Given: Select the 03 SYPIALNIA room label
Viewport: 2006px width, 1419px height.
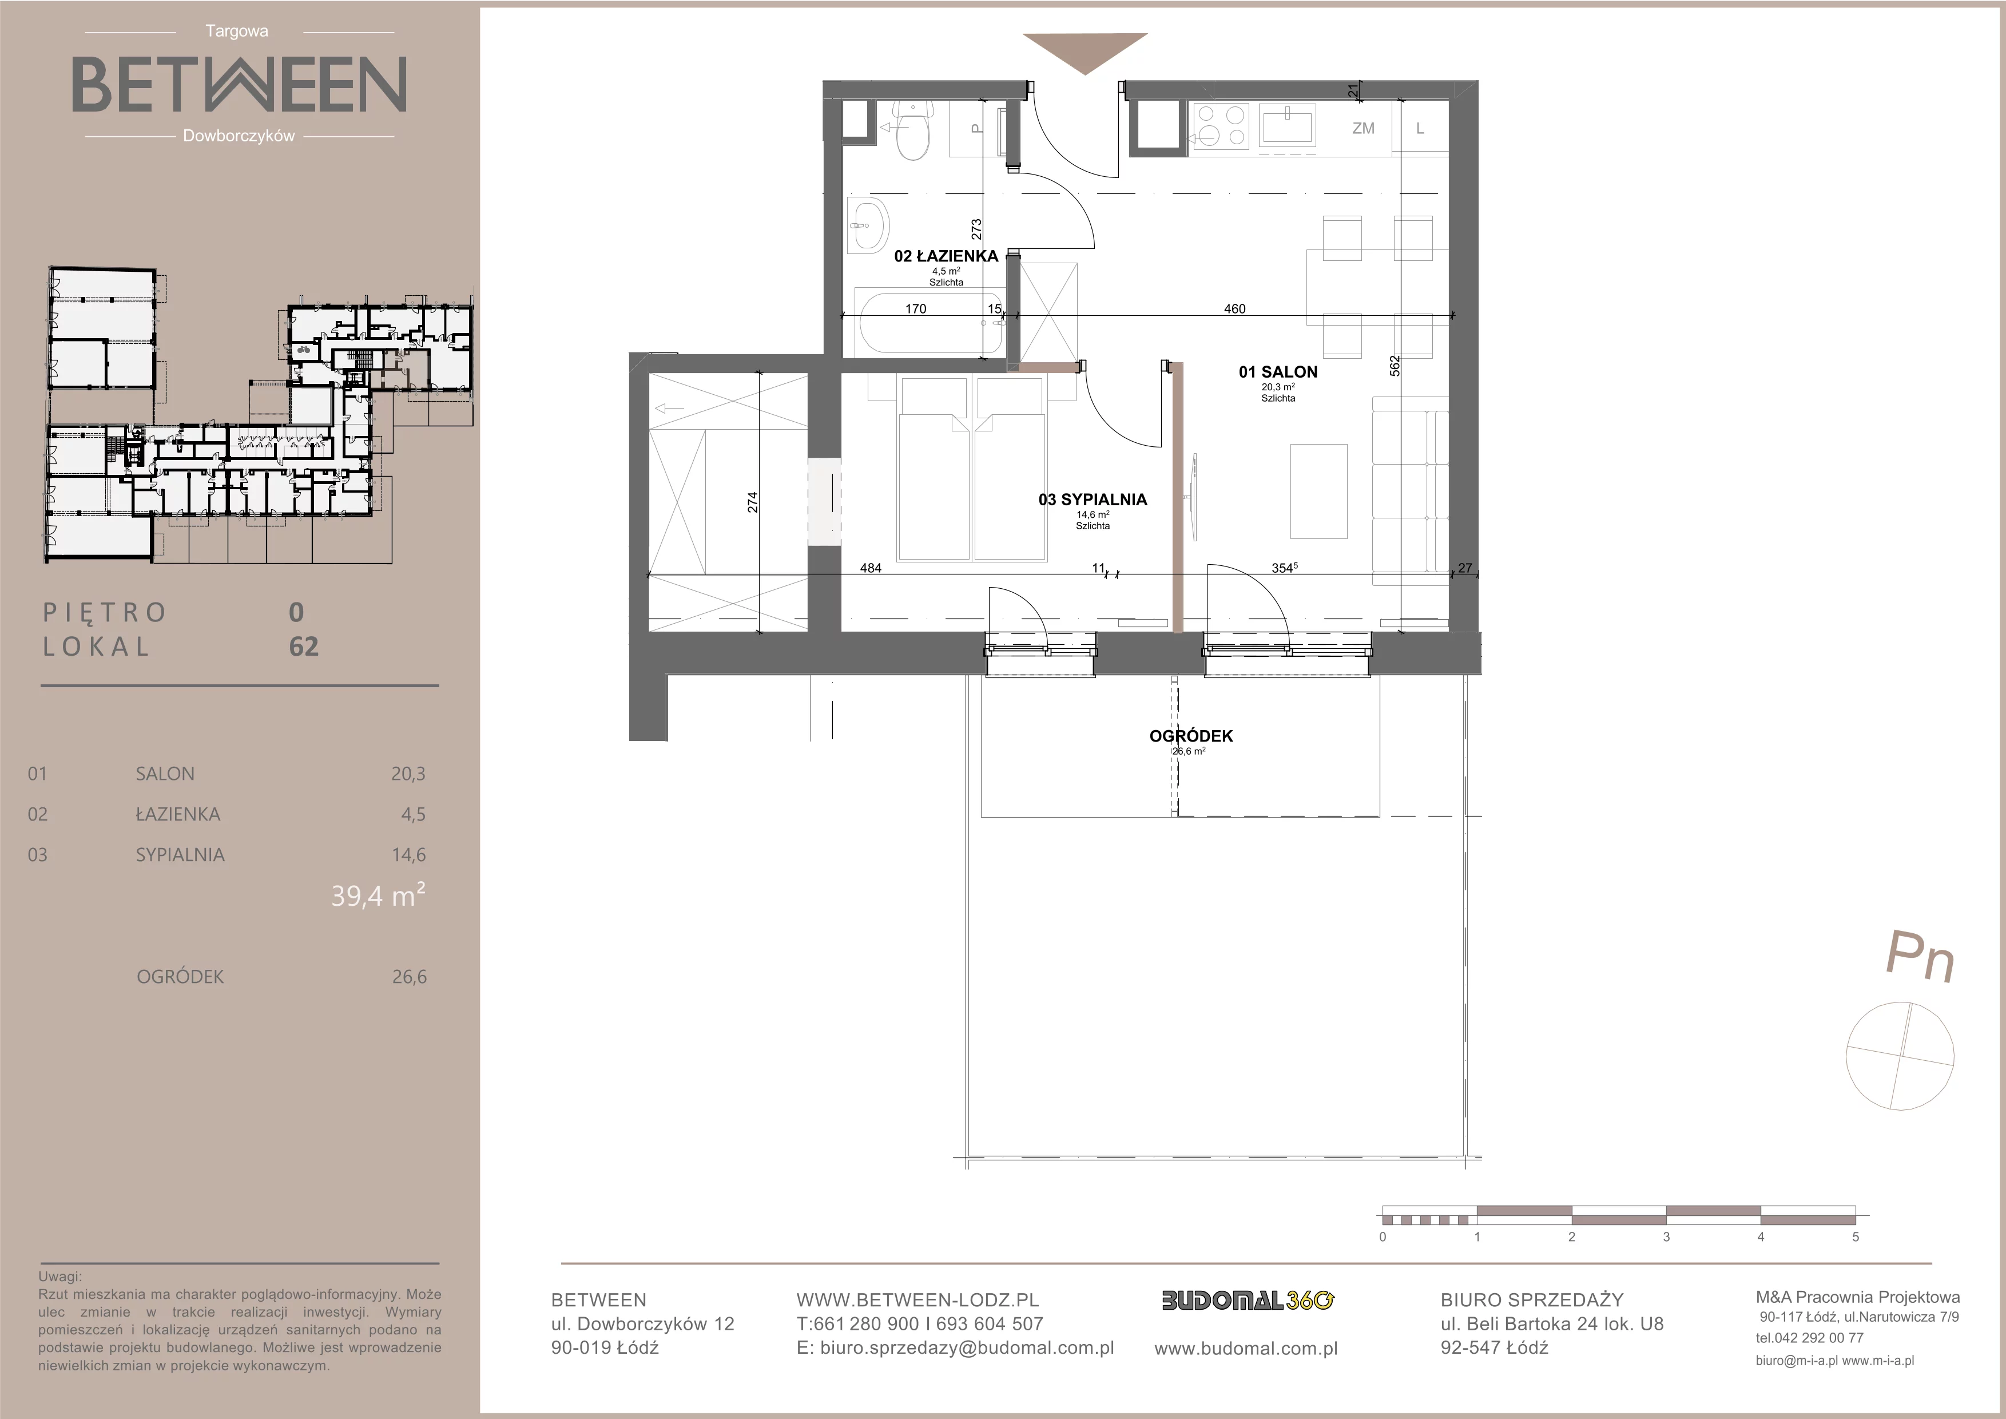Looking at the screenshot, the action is [1092, 500].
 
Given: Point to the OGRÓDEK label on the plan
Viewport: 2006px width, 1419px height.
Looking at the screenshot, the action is [1191, 736].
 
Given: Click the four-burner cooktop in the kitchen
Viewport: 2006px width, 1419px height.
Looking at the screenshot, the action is [1221, 126].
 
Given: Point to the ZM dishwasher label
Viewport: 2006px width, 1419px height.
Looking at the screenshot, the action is [1363, 128].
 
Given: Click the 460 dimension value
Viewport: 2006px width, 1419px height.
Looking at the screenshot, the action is [1234, 308].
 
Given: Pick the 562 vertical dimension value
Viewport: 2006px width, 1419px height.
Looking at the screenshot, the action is [1395, 365].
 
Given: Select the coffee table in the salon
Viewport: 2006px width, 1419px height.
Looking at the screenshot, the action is [1319, 492].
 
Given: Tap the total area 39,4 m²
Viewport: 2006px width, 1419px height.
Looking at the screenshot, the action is [378, 895].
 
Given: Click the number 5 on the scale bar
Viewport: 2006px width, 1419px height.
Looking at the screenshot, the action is [1855, 1237].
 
